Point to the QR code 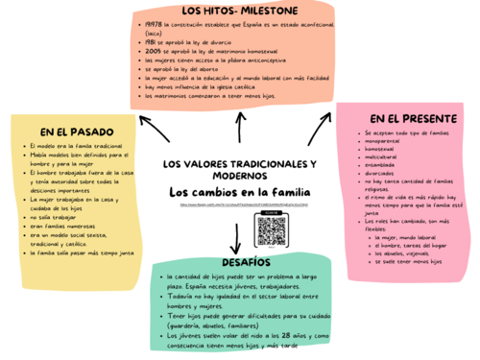point(273,229)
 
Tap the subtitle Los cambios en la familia point(239,192)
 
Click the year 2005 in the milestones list point(155,51)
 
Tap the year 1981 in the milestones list point(153,41)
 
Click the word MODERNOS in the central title point(240,176)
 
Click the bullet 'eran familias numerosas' point(65,226)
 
